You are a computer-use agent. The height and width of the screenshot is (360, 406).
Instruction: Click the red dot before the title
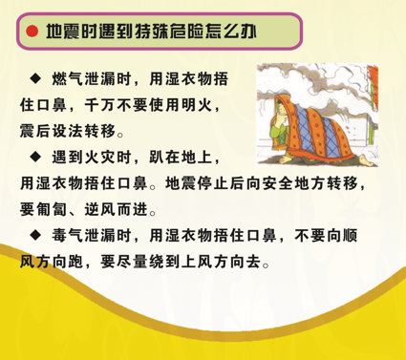click(32, 32)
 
